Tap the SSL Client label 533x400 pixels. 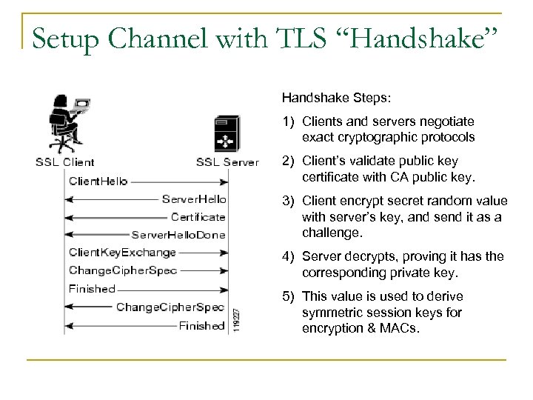click(64, 161)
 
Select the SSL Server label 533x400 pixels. click(227, 161)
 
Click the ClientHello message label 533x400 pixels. click(98, 180)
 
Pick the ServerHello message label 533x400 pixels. click(193, 199)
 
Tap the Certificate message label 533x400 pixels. click(198, 216)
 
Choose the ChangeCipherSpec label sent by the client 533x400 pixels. click(122, 270)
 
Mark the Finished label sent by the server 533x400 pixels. click(201, 325)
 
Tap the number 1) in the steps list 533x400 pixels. click(287, 120)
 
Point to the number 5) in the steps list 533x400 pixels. click(287, 298)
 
